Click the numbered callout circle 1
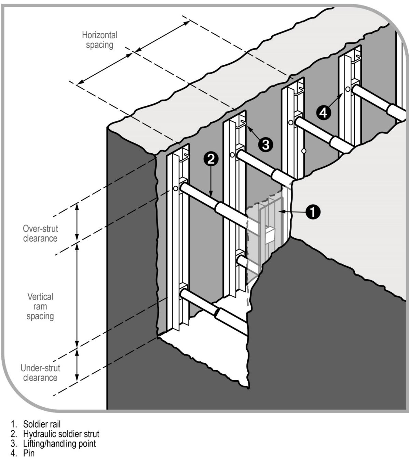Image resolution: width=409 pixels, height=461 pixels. click(x=313, y=212)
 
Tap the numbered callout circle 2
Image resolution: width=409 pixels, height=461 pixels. click(x=211, y=159)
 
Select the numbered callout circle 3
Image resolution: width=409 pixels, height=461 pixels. click(x=265, y=145)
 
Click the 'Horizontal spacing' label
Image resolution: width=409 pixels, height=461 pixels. click(x=99, y=40)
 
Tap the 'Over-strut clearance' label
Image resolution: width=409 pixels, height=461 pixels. click(x=40, y=233)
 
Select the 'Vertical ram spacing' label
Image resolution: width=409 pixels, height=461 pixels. click(x=40, y=306)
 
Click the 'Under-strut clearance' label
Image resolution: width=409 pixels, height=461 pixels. click(x=40, y=373)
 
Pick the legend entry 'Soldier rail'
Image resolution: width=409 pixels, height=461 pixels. click(x=42, y=424)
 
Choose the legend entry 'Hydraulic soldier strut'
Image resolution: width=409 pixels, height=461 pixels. click(x=61, y=434)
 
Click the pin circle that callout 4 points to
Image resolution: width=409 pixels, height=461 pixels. click(x=347, y=89)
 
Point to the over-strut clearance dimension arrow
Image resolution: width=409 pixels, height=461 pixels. click(x=77, y=222)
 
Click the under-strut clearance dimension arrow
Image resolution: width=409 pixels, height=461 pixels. click(x=77, y=365)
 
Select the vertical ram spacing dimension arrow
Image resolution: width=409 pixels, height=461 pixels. click(x=77, y=294)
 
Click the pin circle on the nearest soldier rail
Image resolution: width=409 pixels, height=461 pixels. click(x=176, y=189)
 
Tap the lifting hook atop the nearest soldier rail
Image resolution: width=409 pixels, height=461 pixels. click(x=185, y=156)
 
